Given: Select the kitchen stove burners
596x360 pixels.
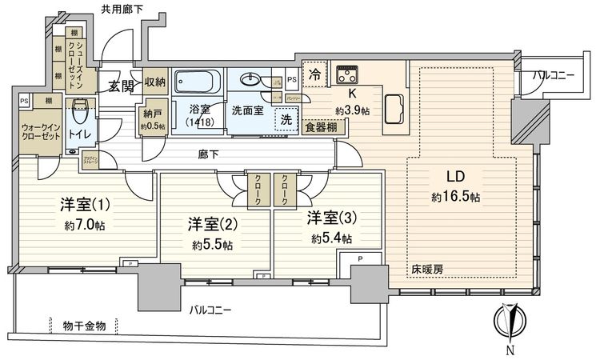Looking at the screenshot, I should pyautogui.click(x=349, y=75).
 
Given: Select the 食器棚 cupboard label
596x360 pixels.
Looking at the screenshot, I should pyautogui.click(x=325, y=127).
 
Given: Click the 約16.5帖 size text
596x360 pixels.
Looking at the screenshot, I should pyautogui.click(x=453, y=197).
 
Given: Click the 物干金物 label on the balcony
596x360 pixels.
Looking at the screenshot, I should pyautogui.click(x=89, y=325).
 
